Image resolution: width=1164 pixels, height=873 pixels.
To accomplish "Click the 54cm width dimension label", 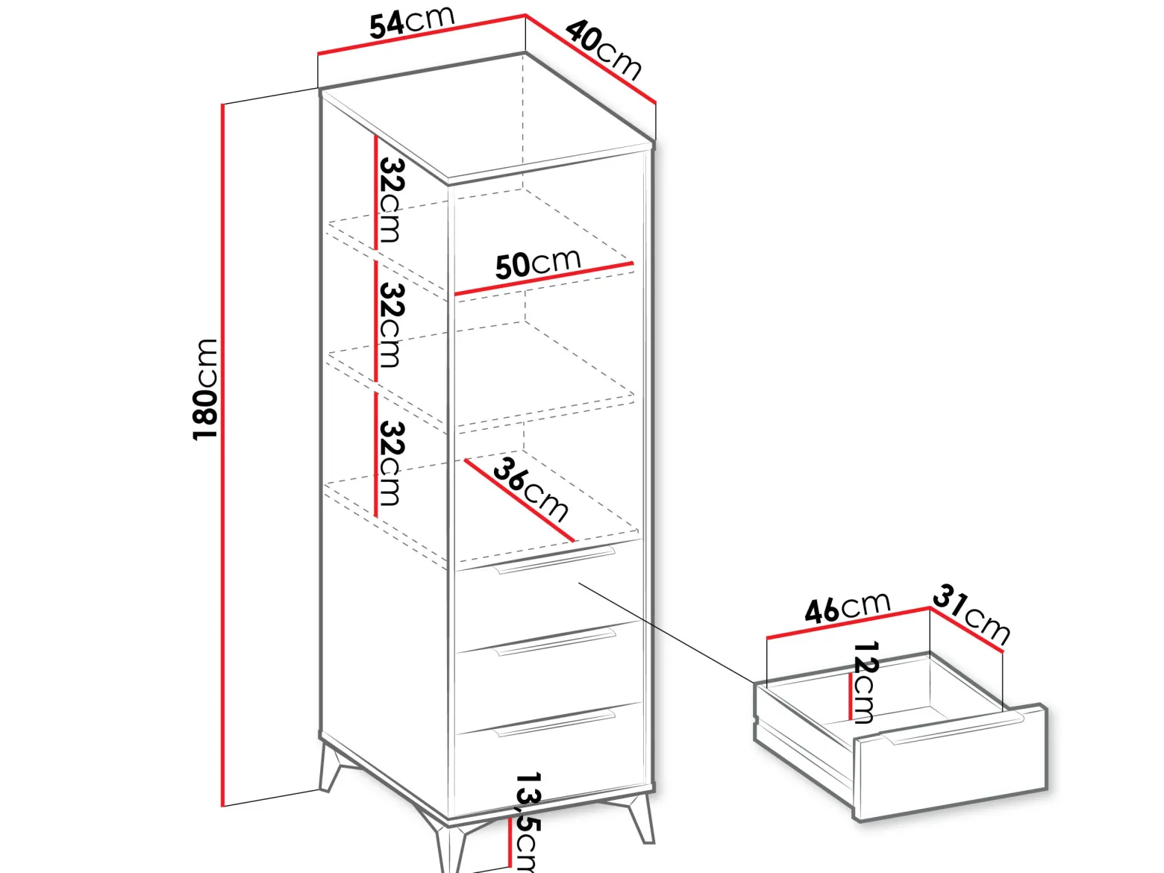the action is coord(412,22).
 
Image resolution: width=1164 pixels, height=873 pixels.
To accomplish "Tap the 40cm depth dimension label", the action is coord(604,49).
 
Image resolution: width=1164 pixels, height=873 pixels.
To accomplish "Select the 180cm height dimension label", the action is coord(204,389).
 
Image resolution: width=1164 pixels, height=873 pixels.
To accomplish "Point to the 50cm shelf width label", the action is coord(538,263).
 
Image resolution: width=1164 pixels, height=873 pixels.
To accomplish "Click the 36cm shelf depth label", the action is coord(531,489).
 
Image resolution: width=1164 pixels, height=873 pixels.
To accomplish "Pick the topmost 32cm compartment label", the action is coord(392,200).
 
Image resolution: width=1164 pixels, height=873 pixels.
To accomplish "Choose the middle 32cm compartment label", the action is coord(392,325).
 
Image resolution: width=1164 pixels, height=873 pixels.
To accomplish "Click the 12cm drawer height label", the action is coord(866,682).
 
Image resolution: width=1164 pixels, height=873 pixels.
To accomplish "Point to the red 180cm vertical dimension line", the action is coord(223,455).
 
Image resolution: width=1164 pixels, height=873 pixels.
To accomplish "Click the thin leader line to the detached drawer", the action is coord(666,632).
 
